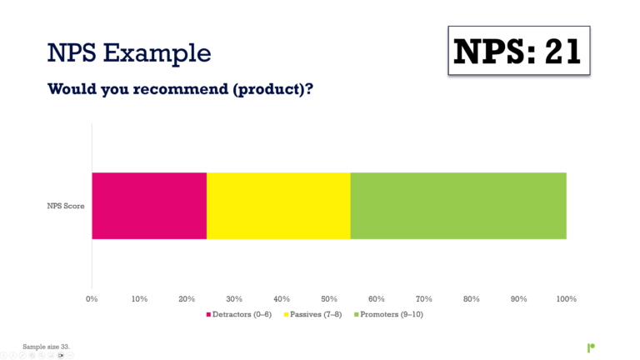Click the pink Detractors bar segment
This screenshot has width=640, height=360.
(149, 206)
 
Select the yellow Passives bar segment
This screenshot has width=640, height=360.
(278, 206)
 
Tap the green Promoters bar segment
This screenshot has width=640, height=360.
(458, 206)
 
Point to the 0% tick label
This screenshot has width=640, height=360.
(92, 298)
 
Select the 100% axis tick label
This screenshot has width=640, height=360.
(567, 298)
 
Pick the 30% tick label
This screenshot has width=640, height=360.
(234, 298)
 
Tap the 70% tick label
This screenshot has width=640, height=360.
(424, 298)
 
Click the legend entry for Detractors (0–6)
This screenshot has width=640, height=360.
(242, 314)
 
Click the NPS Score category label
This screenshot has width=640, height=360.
(66, 206)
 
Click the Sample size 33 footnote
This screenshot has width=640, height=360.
(46, 345)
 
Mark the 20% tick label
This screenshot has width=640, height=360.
(187, 298)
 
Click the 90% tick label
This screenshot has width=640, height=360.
(519, 298)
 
